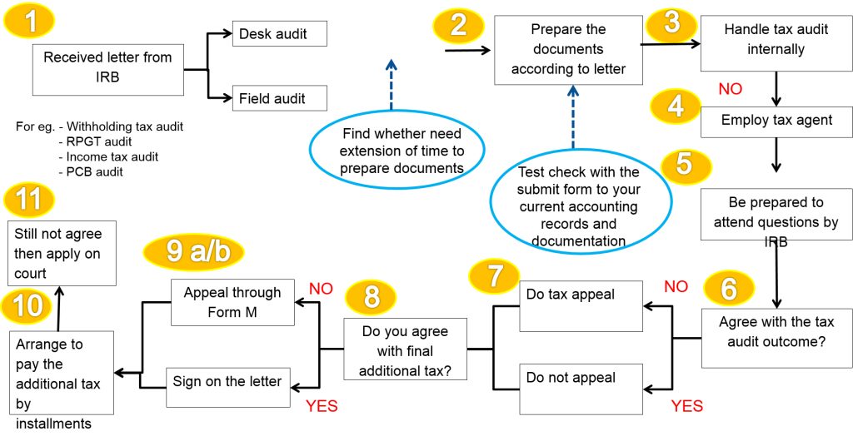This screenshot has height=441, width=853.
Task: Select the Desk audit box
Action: pyautogui.click(x=279, y=34)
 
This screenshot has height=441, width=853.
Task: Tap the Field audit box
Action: pyautogui.click(x=279, y=98)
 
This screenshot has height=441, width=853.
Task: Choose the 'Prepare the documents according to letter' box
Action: pyautogui.click(x=567, y=50)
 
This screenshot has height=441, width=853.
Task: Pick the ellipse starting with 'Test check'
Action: pyautogui.click(x=578, y=206)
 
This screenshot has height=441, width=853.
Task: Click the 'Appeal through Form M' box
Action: pyautogui.click(x=232, y=303)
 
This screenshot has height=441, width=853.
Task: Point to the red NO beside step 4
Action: pyautogui.click(x=730, y=88)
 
